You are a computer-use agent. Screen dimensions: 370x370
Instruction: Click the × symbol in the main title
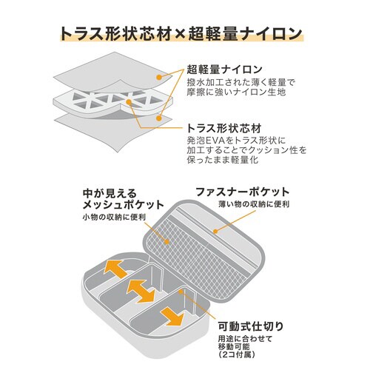click(180, 34)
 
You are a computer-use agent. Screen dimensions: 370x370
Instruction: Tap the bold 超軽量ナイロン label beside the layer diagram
click(224, 70)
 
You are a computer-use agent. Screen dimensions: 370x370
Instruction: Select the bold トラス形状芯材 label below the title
click(224, 128)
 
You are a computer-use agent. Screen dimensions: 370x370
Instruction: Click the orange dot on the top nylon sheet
click(159, 78)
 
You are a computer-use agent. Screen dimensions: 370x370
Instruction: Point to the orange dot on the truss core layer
click(129, 101)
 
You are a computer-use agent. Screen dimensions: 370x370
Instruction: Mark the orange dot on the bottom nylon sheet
click(159, 118)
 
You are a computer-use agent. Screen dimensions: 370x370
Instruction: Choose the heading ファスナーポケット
click(243, 192)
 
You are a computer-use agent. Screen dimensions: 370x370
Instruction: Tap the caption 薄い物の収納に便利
click(254, 204)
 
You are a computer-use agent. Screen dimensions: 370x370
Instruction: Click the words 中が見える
click(110, 193)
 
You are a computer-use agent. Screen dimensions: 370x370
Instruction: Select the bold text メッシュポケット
click(124, 205)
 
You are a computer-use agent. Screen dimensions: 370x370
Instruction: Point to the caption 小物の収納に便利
click(114, 218)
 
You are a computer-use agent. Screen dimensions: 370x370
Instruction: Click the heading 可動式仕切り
click(251, 326)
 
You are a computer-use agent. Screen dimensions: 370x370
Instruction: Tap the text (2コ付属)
click(237, 354)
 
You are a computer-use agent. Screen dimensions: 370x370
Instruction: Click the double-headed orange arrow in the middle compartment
click(141, 292)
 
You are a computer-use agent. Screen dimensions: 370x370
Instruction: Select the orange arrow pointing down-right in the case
click(172, 317)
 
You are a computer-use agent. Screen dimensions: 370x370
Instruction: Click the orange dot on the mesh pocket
click(166, 242)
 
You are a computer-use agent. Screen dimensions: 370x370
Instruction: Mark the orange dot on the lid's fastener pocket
click(215, 232)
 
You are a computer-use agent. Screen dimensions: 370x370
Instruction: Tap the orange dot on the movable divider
click(181, 292)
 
